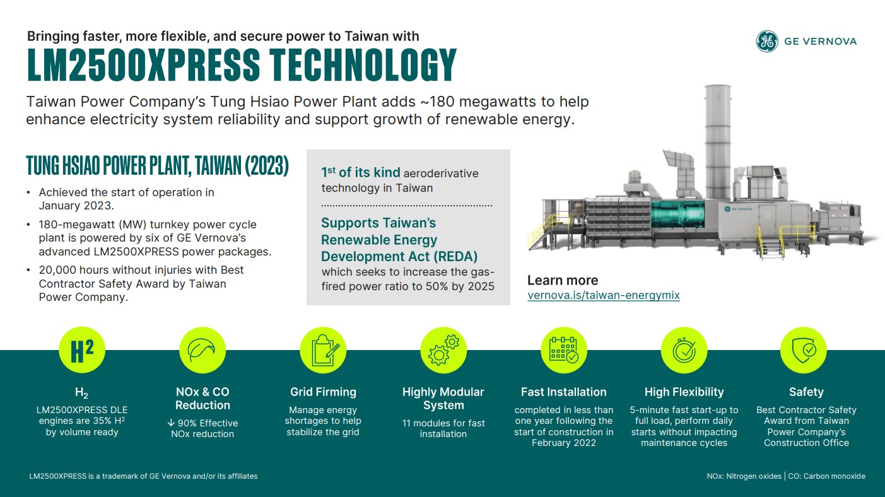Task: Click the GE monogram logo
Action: [x=766, y=42]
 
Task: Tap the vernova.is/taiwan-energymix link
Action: [x=603, y=295]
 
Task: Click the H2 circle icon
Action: [x=82, y=350]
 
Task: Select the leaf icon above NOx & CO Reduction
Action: [x=202, y=350]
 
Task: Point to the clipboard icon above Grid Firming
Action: [x=323, y=350]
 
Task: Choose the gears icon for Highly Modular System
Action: [x=443, y=350]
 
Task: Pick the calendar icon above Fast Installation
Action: [x=564, y=350]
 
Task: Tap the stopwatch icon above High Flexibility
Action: [x=684, y=350]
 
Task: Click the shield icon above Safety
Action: [x=803, y=350]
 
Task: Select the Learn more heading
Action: [x=562, y=280]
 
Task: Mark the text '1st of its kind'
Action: [x=361, y=173]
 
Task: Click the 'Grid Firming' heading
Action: [x=323, y=392]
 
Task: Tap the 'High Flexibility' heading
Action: [x=684, y=392]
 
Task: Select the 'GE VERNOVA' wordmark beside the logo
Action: [x=820, y=42]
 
